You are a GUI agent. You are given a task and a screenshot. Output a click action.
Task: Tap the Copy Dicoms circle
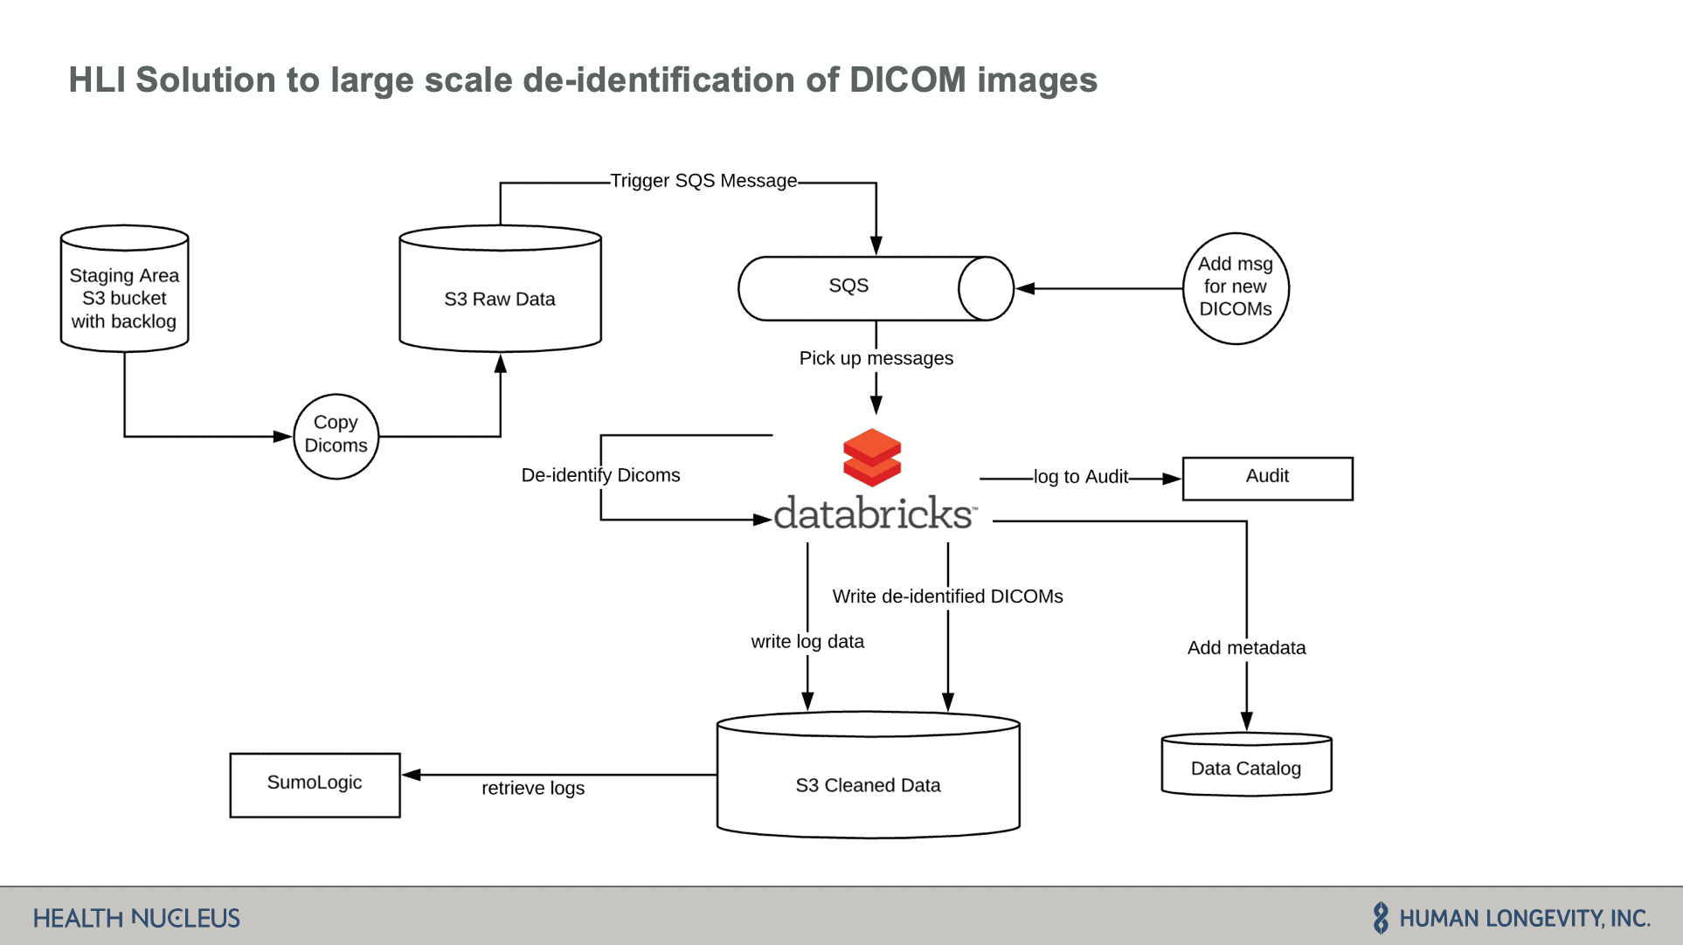tap(336, 435)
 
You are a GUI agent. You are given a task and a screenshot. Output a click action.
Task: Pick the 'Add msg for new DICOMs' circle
tap(1235, 287)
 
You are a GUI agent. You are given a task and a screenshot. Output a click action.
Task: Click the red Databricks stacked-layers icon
tap(872, 457)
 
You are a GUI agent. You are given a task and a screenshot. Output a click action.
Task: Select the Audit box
tap(1267, 478)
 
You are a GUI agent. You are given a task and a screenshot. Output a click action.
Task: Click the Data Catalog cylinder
tap(1246, 765)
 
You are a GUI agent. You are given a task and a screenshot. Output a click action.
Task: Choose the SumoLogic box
tap(315, 784)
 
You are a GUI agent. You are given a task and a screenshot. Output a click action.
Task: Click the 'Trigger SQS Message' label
tap(703, 181)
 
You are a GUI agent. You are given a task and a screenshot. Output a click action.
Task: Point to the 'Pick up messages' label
tap(876, 358)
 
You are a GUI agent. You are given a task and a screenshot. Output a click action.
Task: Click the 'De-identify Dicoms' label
tap(600, 475)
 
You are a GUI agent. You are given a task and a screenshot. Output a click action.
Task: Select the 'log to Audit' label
tap(1081, 477)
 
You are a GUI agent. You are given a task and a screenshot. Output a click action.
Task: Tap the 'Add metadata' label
tap(1246, 648)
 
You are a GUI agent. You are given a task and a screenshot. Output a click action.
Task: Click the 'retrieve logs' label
tap(533, 788)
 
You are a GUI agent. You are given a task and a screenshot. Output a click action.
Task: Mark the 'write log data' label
tap(807, 642)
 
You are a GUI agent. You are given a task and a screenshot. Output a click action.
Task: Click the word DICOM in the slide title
tap(908, 80)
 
